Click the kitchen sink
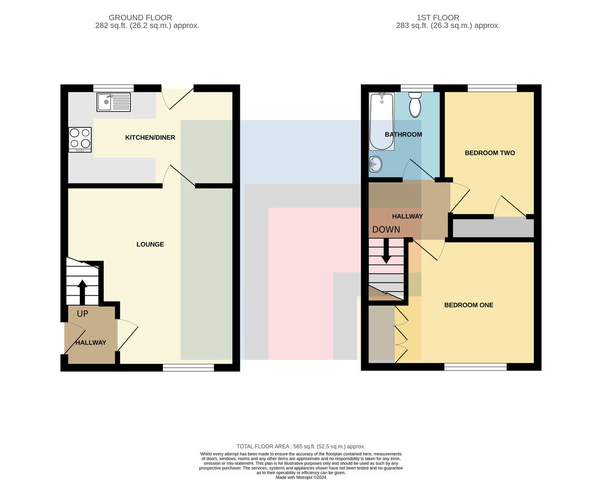pos(113,102)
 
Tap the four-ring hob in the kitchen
pos(80,140)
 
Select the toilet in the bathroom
pos(415,105)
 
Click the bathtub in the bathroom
pos(382,122)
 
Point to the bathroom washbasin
pos(376,164)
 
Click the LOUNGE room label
pos(150,245)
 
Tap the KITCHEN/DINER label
pos(150,137)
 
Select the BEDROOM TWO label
pos(490,153)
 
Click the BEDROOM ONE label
pos(469,305)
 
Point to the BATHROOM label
pos(403,134)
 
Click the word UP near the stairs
pos(82,314)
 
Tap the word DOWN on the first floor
pos(386,229)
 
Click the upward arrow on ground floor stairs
pos(82,292)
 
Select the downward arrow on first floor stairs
pos(386,251)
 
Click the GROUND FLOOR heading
pos(140,18)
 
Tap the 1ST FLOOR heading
pos(438,18)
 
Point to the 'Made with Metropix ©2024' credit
pos(301,477)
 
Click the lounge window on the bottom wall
pos(189,368)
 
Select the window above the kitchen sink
pos(113,88)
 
